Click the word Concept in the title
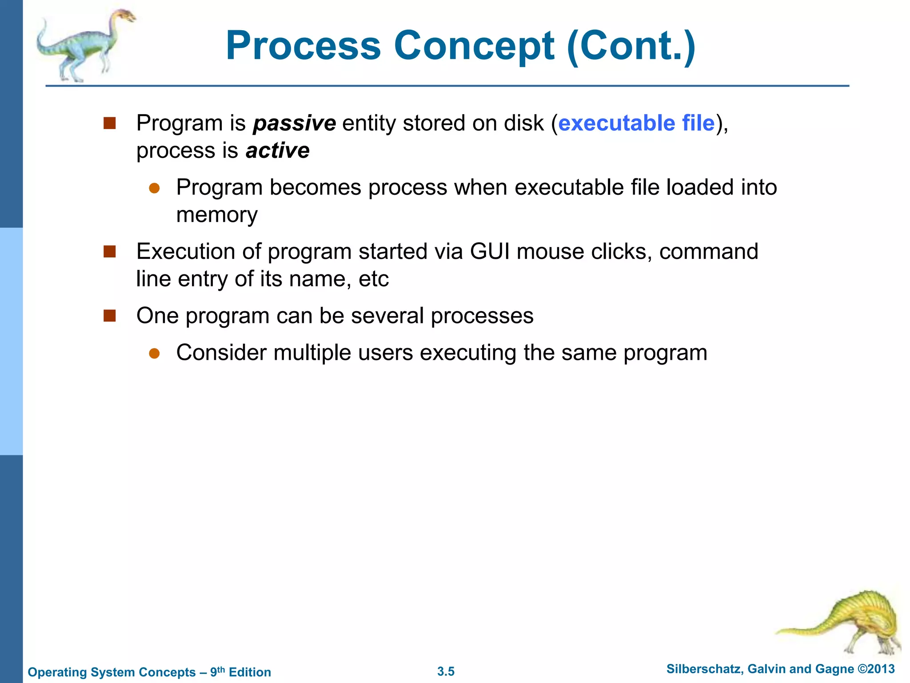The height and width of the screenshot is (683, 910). [x=474, y=46]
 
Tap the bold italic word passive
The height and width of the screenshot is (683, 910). [x=294, y=123]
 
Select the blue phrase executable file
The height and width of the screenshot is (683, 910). [x=636, y=123]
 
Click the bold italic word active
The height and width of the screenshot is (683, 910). [x=277, y=151]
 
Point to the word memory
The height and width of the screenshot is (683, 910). [x=217, y=215]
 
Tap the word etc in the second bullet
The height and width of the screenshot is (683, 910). [x=373, y=279]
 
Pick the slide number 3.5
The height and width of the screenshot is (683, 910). [x=446, y=671]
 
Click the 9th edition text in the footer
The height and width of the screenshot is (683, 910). [x=240, y=672]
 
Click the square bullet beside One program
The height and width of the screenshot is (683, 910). [x=109, y=316]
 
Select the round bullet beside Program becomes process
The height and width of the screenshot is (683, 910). [x=154, y=188]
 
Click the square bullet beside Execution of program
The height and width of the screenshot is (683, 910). [x=109, y=252]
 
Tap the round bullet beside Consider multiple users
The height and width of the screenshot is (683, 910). [x=154, y=354]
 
